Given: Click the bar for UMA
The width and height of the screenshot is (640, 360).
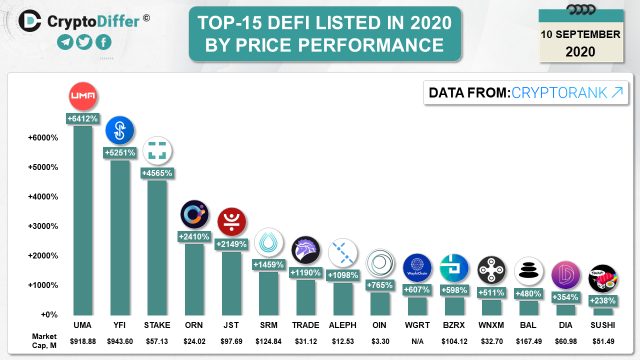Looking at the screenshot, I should pos(82,220).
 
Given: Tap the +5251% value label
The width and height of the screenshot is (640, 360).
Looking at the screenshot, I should pos(119,153).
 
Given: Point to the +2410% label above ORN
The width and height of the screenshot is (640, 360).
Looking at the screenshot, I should pos(194,236).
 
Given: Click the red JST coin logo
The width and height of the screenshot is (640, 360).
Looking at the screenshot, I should pos(231,222).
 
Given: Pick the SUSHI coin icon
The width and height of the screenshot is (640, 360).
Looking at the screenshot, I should pos(602,278).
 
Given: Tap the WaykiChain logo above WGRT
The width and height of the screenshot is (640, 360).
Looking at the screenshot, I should pos(417,268).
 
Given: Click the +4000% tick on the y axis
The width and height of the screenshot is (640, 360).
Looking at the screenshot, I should pos(43,196).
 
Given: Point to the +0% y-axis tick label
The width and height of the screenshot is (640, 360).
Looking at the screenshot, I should pos(49,315).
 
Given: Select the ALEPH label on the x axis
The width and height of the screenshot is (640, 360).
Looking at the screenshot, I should pos(342,325).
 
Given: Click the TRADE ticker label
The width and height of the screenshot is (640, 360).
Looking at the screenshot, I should pos(305,325).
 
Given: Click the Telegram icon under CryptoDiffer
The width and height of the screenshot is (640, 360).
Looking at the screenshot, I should pos(65,42).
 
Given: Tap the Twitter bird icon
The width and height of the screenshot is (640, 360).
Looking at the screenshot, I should pos(84,42).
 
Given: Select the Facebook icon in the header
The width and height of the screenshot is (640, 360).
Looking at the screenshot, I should pos(103,42).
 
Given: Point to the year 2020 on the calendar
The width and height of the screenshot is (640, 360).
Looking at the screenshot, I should pos(580,51).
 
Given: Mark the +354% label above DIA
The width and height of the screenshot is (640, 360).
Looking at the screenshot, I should pos(565,297).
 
